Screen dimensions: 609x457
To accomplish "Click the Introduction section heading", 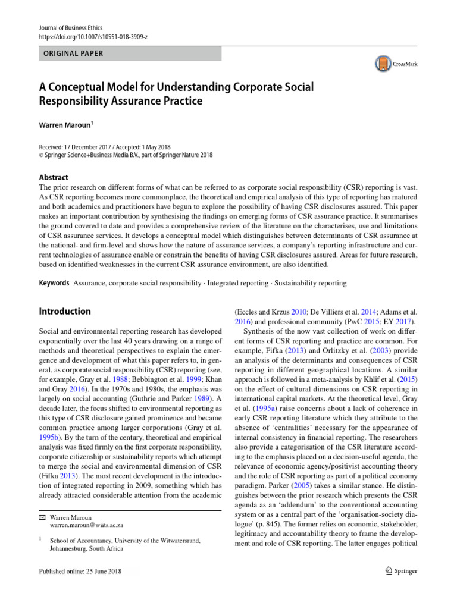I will click(65, 311).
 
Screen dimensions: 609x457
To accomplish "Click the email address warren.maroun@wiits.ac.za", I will click(87, 508).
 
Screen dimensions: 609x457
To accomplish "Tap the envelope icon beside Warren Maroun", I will click(42, 500).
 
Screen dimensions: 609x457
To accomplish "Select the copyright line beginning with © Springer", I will click(125, 155).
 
